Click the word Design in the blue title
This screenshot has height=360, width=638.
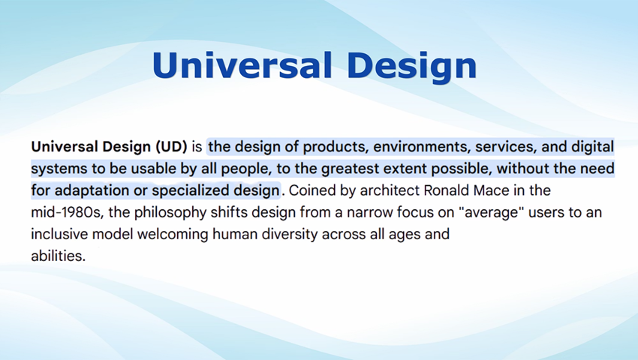click(x=411, y=67)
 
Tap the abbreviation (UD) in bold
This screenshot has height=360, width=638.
click(x=171, y=146)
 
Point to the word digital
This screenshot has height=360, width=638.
click(x=592, y=146)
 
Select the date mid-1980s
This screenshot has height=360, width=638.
click(x=67, y=213)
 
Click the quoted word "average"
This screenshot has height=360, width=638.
click(x=491, y=213)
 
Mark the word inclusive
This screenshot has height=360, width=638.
click(x=59, y=234)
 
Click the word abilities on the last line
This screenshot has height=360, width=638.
click(x=59, y=256)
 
